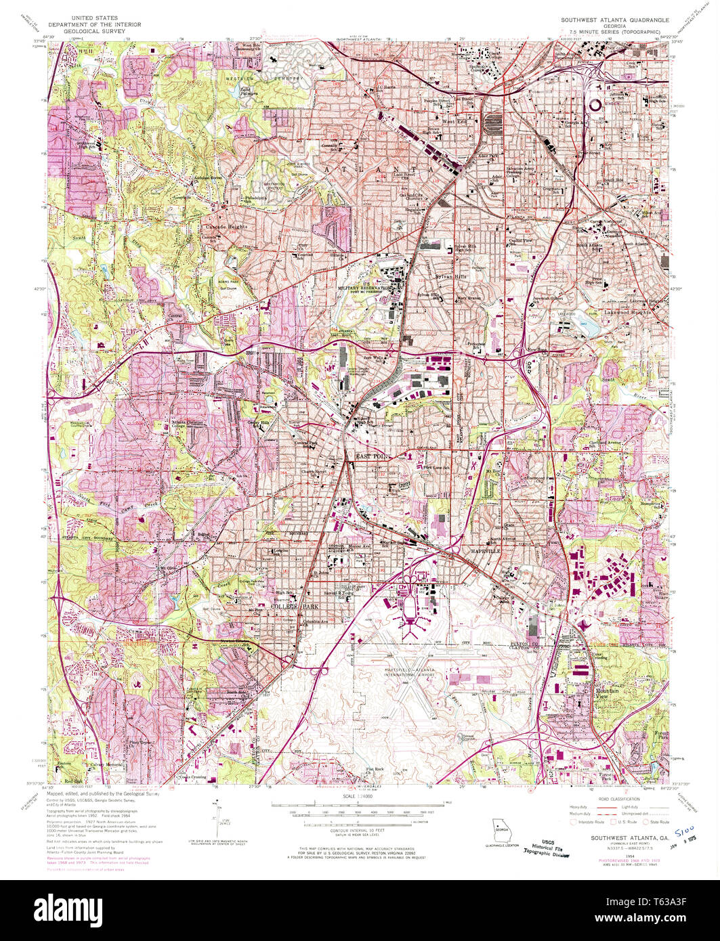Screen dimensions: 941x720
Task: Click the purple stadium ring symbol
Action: click(596, 104)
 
